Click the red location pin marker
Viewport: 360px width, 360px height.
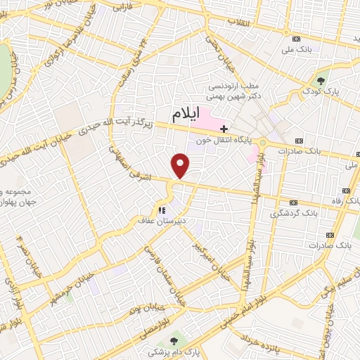click(x=181, y=165)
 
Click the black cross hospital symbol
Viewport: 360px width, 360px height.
click(x=224, y=129)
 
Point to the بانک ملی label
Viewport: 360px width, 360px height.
click(x=295, y=49)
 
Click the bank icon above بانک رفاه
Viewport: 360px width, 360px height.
click(x=345, y=191)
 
